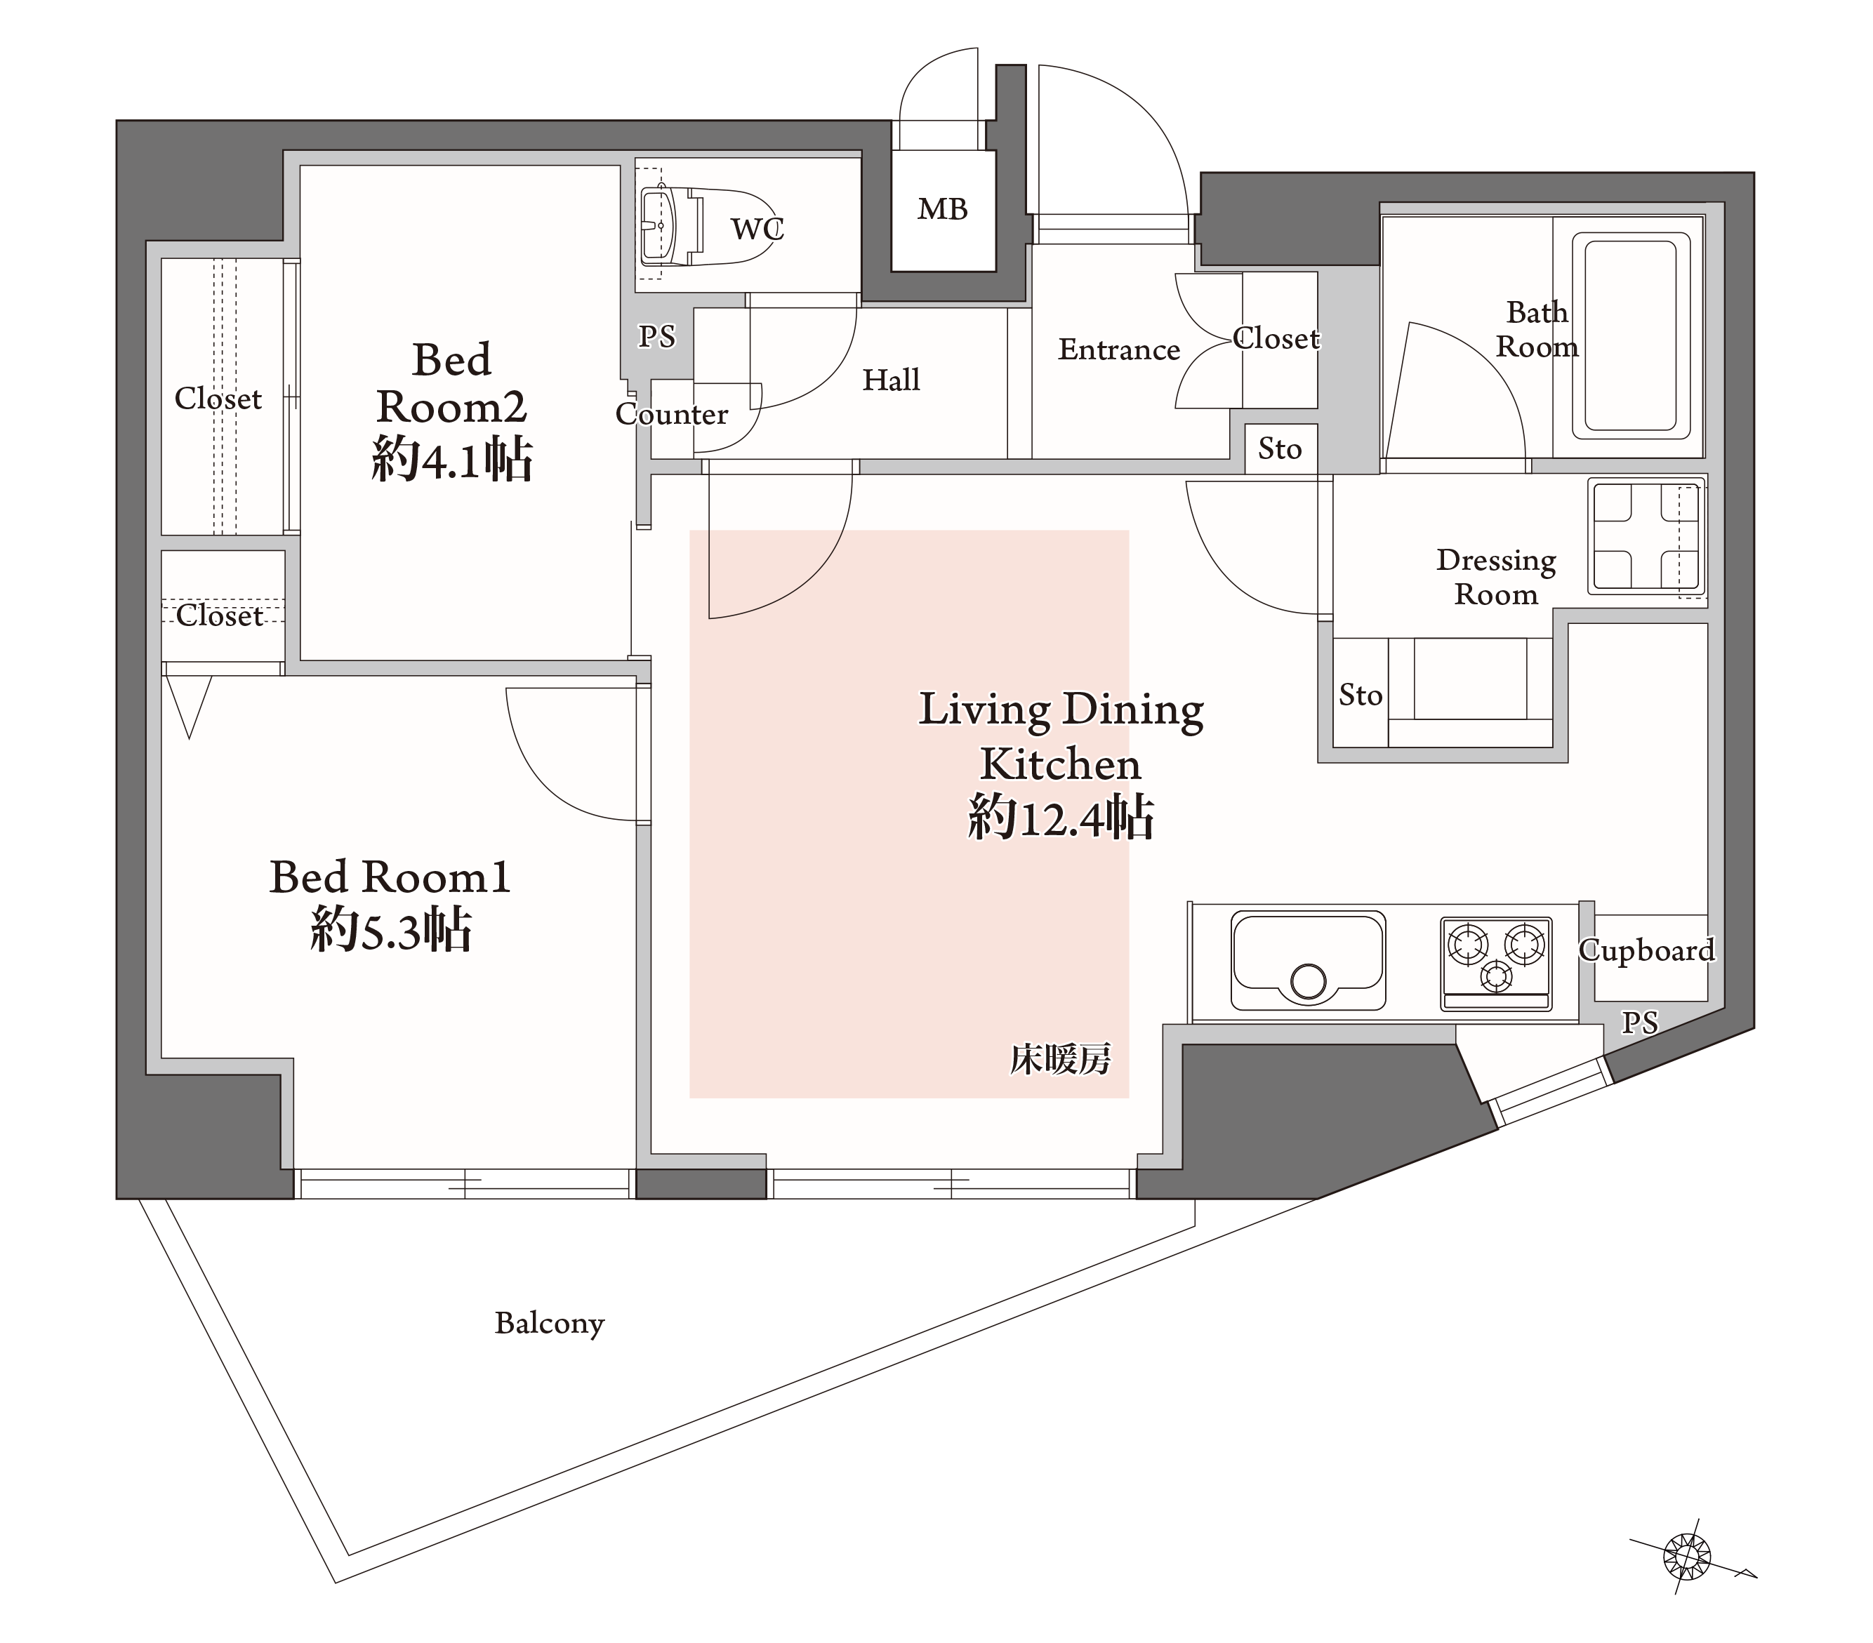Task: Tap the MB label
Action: (943, 210)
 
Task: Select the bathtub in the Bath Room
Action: (1631, 335)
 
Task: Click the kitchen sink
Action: (1308, 960)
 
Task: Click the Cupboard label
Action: (1647, 951)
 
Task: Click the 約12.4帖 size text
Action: (1061, 818)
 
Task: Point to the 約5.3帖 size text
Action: (391, 931)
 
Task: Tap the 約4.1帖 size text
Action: (452, 459)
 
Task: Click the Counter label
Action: (672, 414)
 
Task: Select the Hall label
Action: (891, 380)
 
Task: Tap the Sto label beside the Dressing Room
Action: (1360, 696)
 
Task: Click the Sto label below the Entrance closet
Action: (1279, 449)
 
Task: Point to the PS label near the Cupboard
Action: (1639, 1023)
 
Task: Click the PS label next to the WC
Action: (657, 337)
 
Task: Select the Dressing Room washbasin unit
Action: (1647, 537)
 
